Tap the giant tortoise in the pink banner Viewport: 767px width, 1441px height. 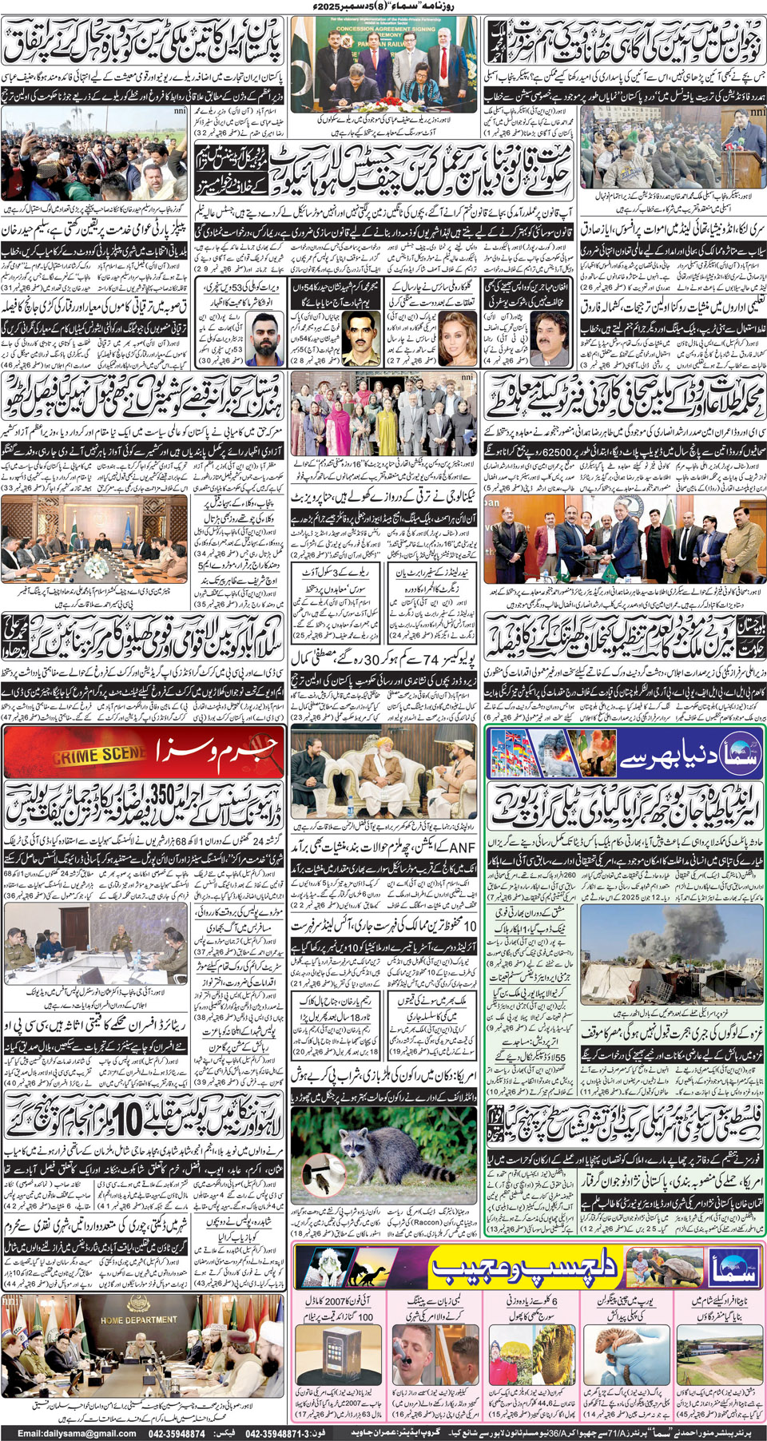click(x=649, y=1268)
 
